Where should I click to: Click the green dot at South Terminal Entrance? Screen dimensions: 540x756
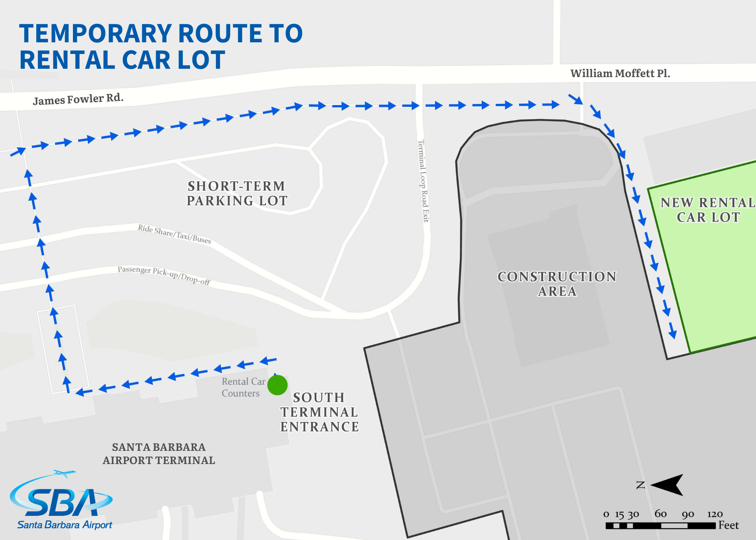click(277, 385)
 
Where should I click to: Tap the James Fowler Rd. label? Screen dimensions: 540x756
click(78, 99)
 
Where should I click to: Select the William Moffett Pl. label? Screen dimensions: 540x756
click(620, 73)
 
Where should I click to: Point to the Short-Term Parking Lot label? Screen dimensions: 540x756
click(237, 193)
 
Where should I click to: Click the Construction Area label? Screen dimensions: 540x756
click(557, 284)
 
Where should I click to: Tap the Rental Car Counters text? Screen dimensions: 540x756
click(243, 387)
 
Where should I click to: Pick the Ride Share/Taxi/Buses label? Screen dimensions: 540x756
click(174, 234)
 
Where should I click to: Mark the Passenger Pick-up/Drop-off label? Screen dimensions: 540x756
click(164, 275)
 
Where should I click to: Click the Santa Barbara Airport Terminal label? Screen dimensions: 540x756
click(159, 453)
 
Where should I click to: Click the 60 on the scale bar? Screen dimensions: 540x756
click(660, 514)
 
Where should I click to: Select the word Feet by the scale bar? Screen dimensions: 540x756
click(728, 525)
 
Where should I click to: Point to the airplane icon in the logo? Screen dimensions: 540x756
click(64, 473)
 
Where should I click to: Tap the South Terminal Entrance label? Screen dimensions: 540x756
click(319, 412)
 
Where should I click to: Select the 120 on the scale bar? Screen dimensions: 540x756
click(715, 514)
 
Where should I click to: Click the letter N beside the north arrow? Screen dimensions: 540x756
click(641, 485)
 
